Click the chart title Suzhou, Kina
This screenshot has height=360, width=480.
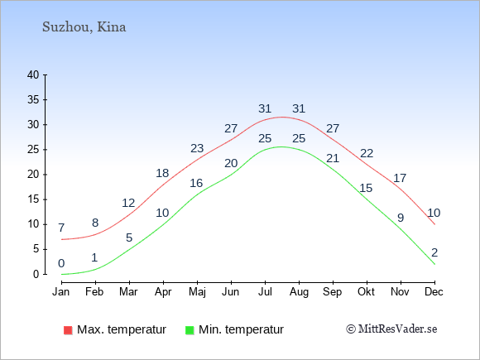(x=84, y=27)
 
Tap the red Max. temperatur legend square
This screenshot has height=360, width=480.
(x=68, y=330)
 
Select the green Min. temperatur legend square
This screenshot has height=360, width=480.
(x=190, y=330)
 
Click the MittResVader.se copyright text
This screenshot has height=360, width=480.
(x=391, y=329)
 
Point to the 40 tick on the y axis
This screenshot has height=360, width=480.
(x=33, y=74)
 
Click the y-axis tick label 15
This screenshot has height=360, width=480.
(x=33, y=199)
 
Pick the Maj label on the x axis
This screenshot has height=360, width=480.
(x=197, y=292)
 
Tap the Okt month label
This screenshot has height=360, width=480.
(x=366, y=291)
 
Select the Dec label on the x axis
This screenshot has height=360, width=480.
(x=434, y=291)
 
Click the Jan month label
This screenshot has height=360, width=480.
(x=61, y=291)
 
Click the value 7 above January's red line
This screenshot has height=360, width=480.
(x=61, y=228)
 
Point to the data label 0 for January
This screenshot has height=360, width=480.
(x=61, y=263)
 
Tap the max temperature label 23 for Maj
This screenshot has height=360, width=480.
(x=197, y=148)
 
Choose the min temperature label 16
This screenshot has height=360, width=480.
(x=196, y=183)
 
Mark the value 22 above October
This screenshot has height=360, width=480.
(x=367, y=153)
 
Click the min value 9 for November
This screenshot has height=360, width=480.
(x=401, y=218)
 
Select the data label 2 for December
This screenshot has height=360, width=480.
(x=434, y=252)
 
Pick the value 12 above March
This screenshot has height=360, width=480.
(x=128, y=203)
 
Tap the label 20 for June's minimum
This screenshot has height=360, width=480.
(x=231, y=163)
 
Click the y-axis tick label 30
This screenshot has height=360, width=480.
(x=33, y=125)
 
